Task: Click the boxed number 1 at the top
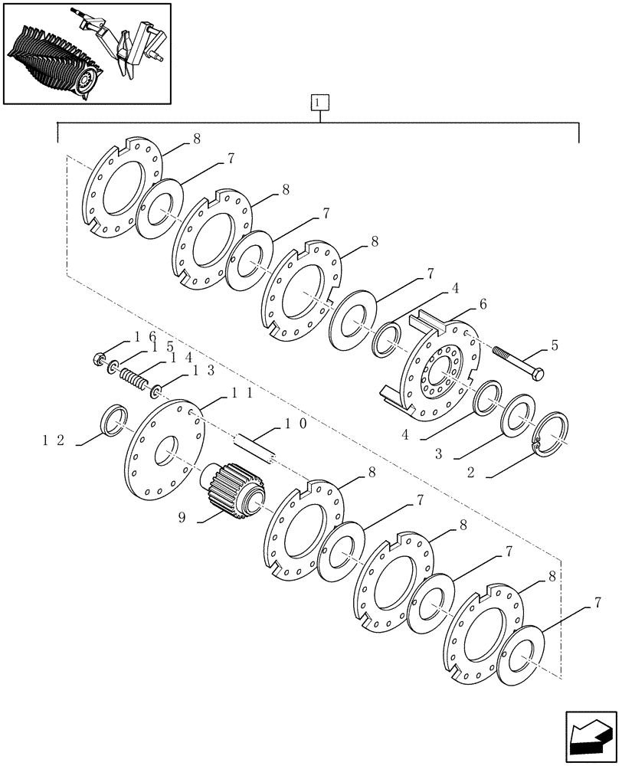tap(319, 101)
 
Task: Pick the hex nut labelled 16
tap(98, 358)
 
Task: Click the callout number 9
tap(182, 518)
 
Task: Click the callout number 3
tap(438, 454)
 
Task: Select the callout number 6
tap(483, 304)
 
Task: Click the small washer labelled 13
tap(155, 391)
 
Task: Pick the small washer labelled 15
tap(113, 370)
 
